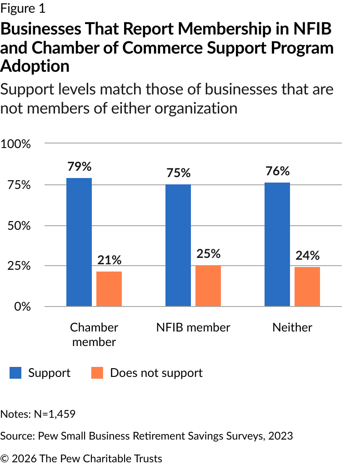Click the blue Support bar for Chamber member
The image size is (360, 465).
79,242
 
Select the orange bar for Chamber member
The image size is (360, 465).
109,289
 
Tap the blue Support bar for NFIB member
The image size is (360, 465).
178,245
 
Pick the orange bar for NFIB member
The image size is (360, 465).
208,286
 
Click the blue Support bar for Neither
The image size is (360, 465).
277,244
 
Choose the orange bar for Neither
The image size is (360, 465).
307,287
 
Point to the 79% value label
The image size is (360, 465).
79,167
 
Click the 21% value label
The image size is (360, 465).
109,260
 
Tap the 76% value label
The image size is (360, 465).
277,171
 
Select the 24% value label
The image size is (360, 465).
307,256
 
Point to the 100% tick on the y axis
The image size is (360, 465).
16,144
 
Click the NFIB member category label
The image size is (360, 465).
194,327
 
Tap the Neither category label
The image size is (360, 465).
292,327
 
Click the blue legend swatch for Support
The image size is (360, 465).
15,373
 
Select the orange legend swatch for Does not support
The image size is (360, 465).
97,373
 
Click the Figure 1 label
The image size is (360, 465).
23,8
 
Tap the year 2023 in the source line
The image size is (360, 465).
280,436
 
